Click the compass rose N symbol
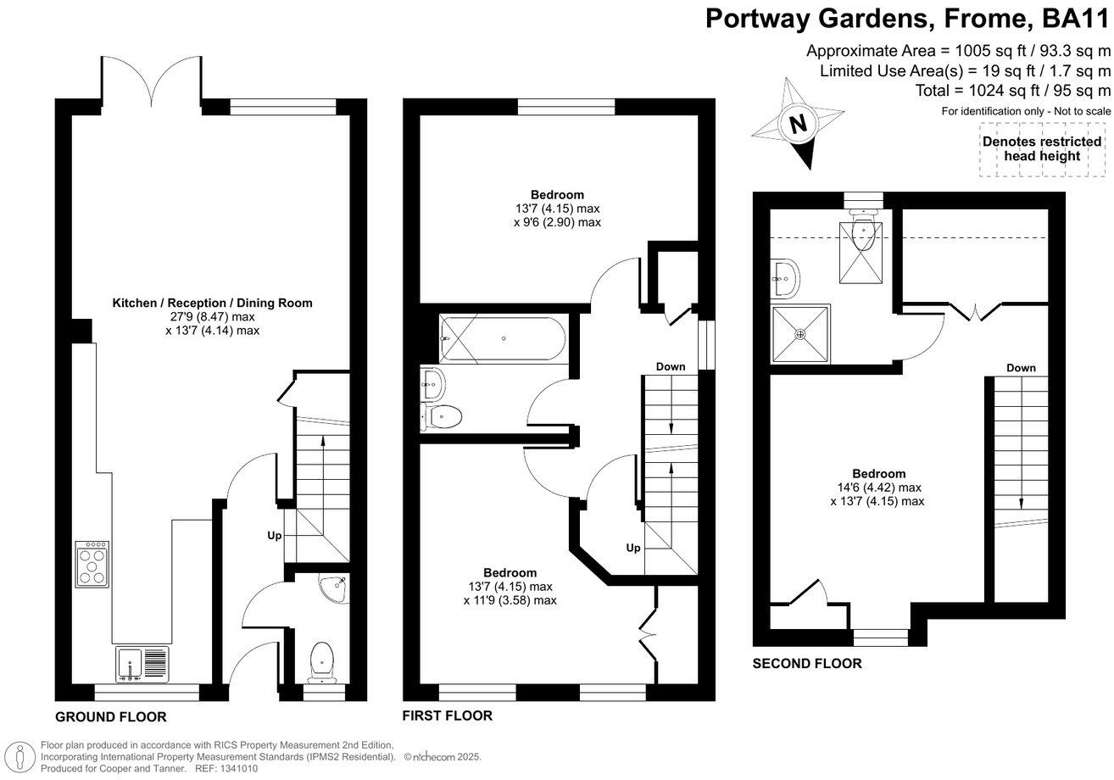(797, 124)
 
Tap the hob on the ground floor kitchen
(92, 565)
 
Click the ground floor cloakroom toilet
(322, 661)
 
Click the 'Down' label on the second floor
(1021, 368)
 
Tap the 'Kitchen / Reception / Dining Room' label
(212, 303)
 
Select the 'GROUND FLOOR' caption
(110, 717)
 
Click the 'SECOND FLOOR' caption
(807, 664)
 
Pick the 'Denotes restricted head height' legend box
(1042, 149)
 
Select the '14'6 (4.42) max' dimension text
(879, 487)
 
